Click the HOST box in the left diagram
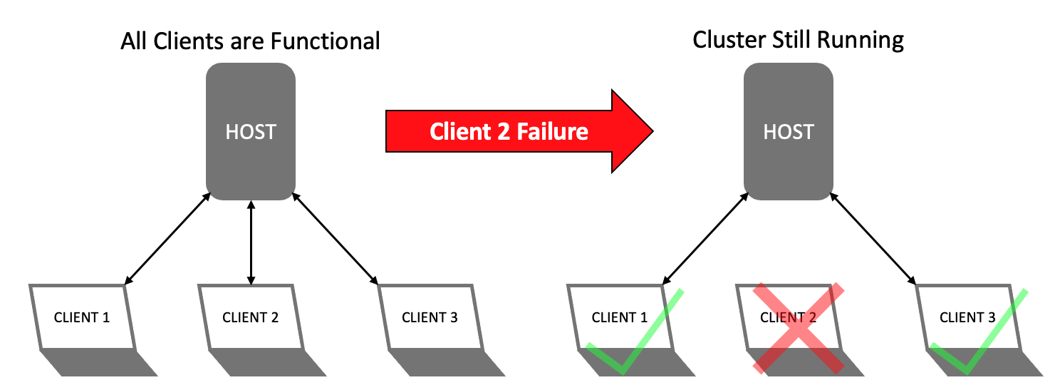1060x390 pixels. tap(251, 132)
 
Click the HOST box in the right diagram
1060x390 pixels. tap(789, 132)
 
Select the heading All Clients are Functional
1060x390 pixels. tap(250, 41)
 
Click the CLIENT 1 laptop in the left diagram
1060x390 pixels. tap(83, 318)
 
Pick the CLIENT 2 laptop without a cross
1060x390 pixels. tap(251, 318)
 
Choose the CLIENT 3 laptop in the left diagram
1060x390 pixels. tap(430, 318)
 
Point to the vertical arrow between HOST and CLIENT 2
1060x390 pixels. tap(251, 242)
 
